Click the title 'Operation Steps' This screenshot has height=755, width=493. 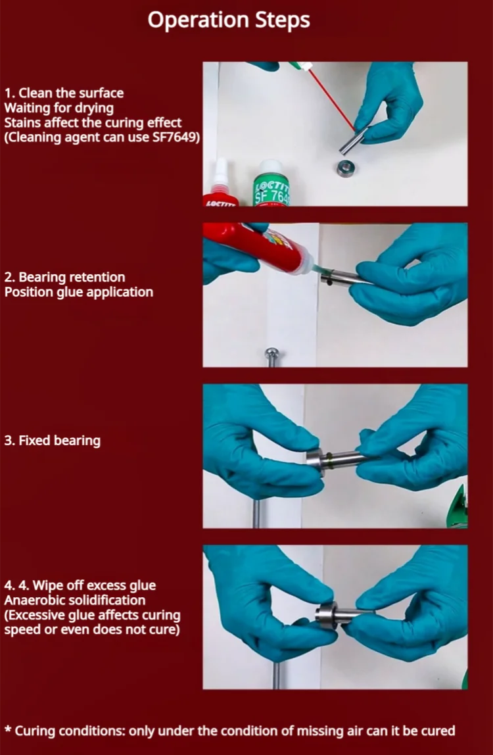pyautogui.click(x=229, y=20)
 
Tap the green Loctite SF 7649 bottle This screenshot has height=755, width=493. pyautogui.click(x=271, y=183)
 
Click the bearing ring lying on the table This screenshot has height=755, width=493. pyautogui.click(x=346, y=168)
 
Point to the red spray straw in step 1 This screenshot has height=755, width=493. pyautogui.click(x=331, y=99)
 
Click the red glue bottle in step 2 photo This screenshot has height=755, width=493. pyautogui.click(x=258, y=249)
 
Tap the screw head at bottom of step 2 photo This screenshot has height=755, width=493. pyautogui.click(x=272, y=354)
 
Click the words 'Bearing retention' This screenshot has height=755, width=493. pyautogui.click(x=72, y=278)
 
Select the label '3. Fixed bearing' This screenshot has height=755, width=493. pyautogui.click(x=53, y=441)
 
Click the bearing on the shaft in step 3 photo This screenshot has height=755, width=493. pyautogui.click(x=316, y=462)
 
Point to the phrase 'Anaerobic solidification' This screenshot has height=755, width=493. pyautogui.click(x=75, y=600)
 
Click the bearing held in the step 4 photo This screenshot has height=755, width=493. pyautogui.click(x=327, y=616)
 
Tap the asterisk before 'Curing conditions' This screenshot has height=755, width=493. pyautogui.click(x=8, y=729)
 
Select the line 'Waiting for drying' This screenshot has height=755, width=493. pyautogui.click(x=59, y=108)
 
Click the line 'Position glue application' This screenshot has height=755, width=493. pyautogui.click(x=78, y=292)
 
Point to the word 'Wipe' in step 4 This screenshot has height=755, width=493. pyautogui.click(x=48, y=585)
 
